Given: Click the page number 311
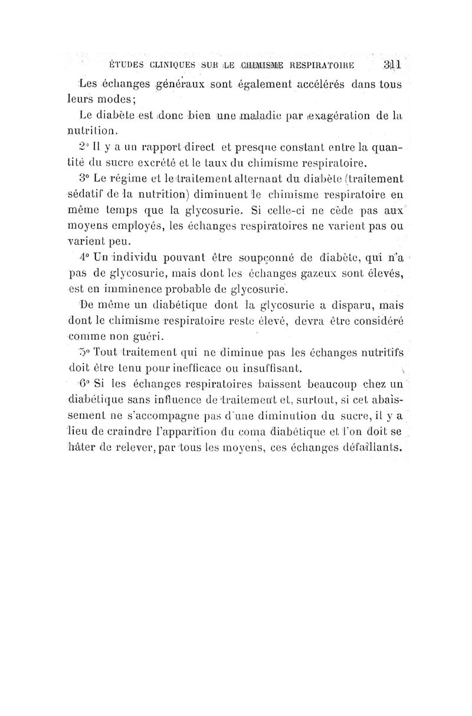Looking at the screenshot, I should (392, 65).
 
